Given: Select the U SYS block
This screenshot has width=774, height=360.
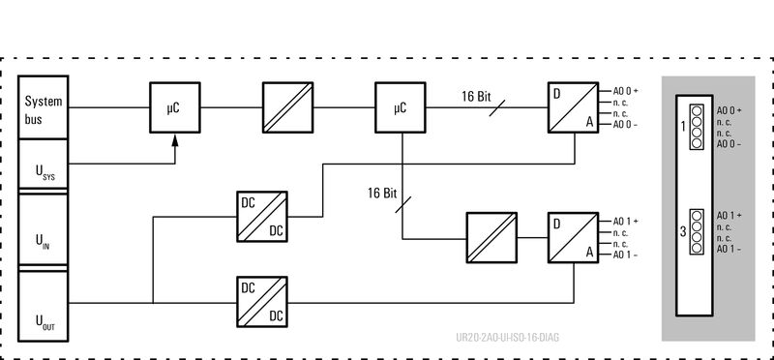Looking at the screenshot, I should pos(43,167).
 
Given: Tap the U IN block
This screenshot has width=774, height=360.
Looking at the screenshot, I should pos(43,233).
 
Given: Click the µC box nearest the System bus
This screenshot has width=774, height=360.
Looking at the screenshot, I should pos(174,107).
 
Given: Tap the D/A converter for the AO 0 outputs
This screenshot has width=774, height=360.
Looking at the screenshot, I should pos(571,107).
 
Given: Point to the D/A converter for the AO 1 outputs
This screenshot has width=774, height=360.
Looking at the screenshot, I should pos(571,235).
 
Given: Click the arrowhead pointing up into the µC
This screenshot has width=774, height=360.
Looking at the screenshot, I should pos(175,141).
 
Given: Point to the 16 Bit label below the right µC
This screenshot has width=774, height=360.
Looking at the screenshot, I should pos(382,193).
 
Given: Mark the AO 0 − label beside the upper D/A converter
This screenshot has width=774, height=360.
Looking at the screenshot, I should pos(625,125).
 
